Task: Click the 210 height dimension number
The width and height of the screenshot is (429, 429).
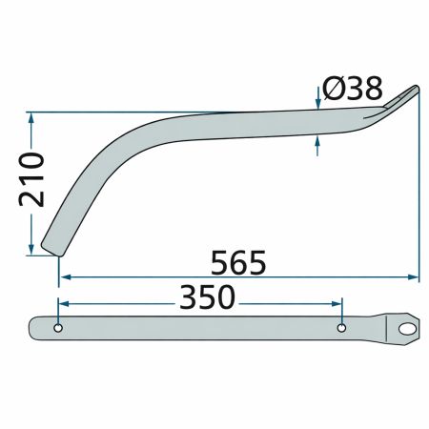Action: (x=31, y=182)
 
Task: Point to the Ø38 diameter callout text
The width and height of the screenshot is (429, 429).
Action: (x=353, y=90)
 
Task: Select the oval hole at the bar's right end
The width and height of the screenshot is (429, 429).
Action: (x=407, y=328)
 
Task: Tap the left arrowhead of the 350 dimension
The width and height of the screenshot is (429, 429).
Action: (x=64, y=301)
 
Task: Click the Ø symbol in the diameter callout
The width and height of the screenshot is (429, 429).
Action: (x=334, y=90)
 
